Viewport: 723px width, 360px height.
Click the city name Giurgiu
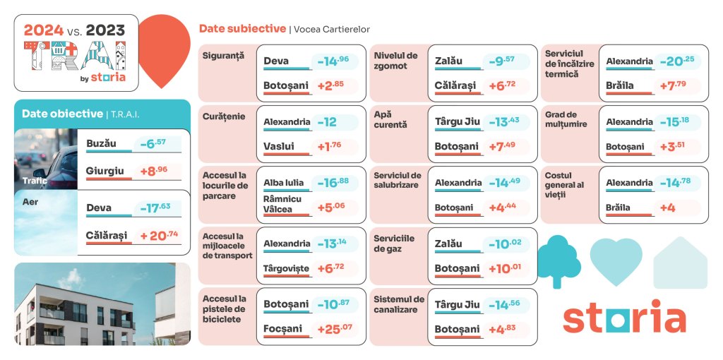(104, 170)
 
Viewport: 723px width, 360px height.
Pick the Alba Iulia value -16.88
(333, 183)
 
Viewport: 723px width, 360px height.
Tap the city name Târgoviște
(286, 268)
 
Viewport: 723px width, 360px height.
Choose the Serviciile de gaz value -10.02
(504, 244)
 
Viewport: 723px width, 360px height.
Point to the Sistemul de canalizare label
(399, 304)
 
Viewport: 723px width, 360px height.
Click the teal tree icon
(558, 260)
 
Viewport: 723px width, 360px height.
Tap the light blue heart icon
(616, 260)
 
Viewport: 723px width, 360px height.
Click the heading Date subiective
(242, 29)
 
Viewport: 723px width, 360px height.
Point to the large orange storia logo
(623, 316)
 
